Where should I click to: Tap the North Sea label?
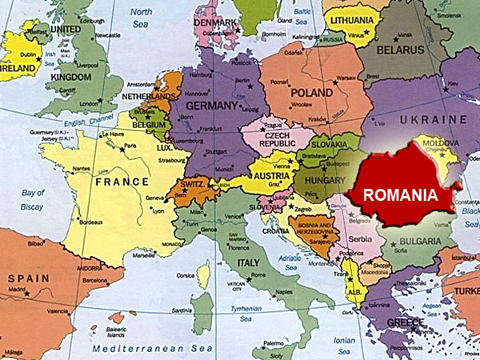[x=140, y=18]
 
